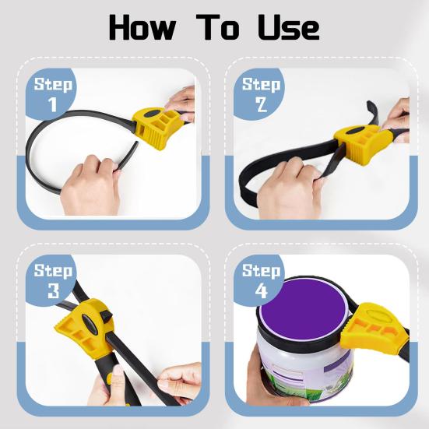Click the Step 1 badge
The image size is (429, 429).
click(54, 93)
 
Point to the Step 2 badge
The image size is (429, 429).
click(262, 93)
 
